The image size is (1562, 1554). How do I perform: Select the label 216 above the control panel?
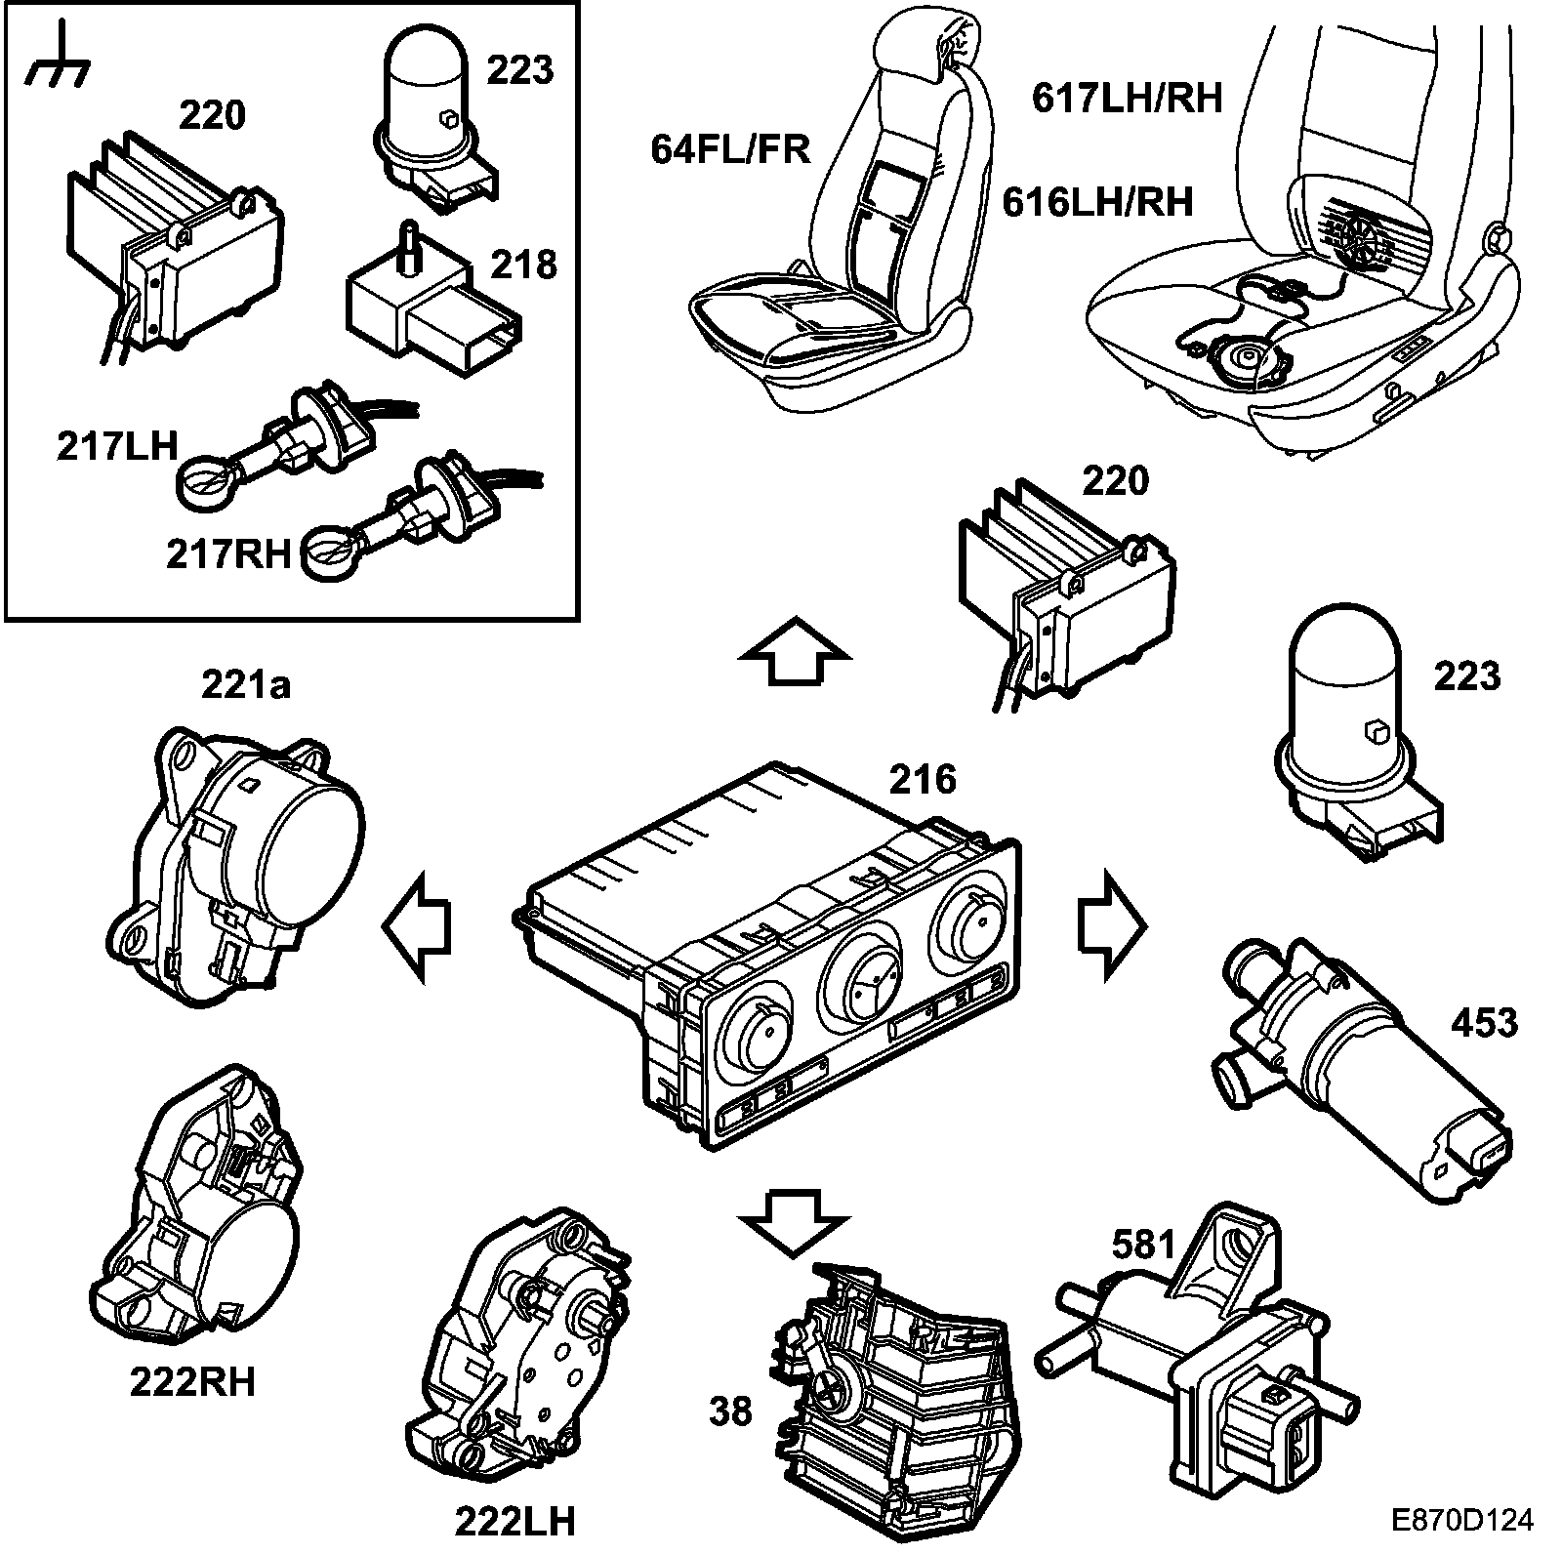(923, 779)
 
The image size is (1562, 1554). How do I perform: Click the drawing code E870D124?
(1462, 1520)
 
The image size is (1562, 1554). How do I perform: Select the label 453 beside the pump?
(1484, 1022)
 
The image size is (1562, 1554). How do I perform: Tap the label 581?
(1144, 1244)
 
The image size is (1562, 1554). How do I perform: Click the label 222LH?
(514, 1520)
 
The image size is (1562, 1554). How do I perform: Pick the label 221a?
(246, 686)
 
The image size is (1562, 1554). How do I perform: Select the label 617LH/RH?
(1128, 98)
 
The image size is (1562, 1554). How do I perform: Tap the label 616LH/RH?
(1098, 201)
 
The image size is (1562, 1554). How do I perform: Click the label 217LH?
(117, 447)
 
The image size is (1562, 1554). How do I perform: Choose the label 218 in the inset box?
(525, 265)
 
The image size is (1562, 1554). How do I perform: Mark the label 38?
(730, 1411)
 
